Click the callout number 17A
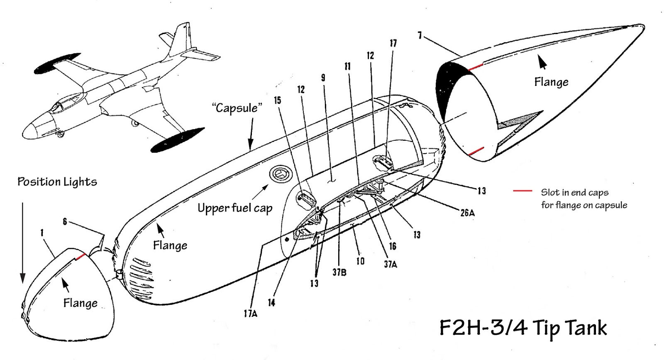(250, 314)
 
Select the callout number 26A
(467, 213)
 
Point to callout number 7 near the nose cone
(420, 36)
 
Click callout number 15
(278, 100)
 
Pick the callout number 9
(323, 78)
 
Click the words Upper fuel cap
(235, 208)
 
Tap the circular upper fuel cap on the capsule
(280, 174)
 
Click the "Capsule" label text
(237, 108)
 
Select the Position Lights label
(57, 182)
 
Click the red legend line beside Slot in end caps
(522, 191)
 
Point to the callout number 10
(360, 261)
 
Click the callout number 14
(271, 303)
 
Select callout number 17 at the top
(393, 43)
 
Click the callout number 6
(65, 222)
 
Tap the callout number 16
(393, 246)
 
